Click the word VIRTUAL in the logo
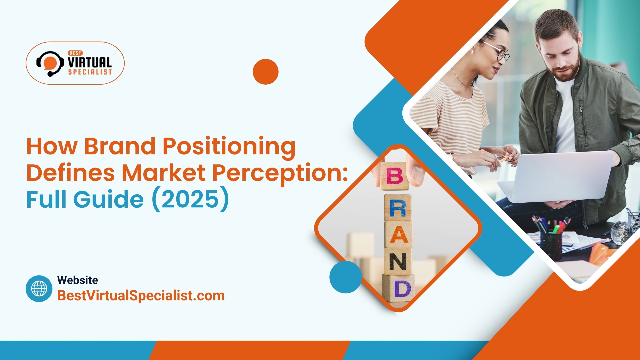coord(89,62)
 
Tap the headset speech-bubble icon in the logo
coord(50,63)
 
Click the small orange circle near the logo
coord(265,72)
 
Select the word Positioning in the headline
coord(229,147)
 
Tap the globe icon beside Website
coord(39,289)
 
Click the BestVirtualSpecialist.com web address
coord(141,296)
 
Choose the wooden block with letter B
coord(395,176)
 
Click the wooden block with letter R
coord(398,208)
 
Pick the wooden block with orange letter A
coord(398,235)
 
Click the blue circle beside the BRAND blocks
coord(345,277)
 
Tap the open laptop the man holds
coord(560,177)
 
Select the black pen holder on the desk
coord(551,245)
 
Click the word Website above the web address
coord(77,280)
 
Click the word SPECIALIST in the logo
coord(90,72)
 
